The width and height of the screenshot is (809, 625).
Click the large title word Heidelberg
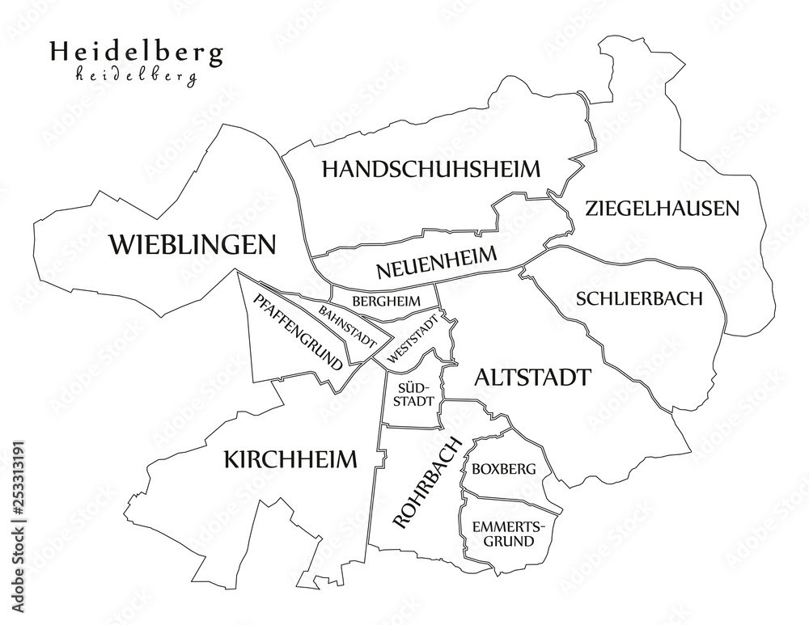click(137, 53)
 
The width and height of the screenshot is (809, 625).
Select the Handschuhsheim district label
click(430, 169)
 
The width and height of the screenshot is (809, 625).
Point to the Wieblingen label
click(193, 243)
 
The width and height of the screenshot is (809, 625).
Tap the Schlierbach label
click(639, 298)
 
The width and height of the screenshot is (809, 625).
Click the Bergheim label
click(387, 300)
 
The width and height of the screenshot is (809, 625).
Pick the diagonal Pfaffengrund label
click(297, 332)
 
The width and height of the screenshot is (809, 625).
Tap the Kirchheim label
click(289, 459)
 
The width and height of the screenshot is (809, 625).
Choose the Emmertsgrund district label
click(502, 534)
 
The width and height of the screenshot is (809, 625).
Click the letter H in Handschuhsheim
click(331, 169)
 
